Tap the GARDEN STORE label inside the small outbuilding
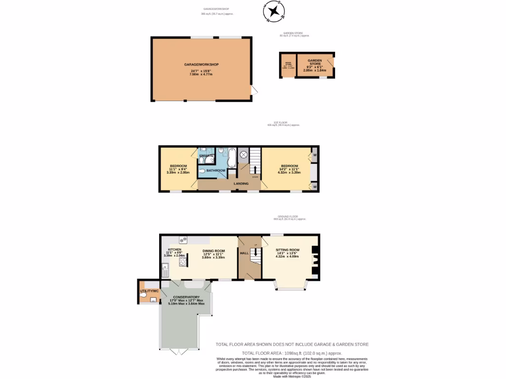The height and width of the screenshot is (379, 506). tap(315, 62)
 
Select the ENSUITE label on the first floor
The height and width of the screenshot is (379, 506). tap(206, 156)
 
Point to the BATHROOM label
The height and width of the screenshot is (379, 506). tap(216, 171)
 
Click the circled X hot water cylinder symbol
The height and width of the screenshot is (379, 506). tap(243, 154)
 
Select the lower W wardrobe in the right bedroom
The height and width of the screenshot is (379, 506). tap(314, 187)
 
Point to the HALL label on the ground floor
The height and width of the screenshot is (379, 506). tap(244, 253)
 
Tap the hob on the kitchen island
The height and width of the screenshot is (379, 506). tap(183, 263)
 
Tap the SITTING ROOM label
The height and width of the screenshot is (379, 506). tap(288, 250)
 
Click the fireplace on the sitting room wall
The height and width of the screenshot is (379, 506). tap(315, 259)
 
